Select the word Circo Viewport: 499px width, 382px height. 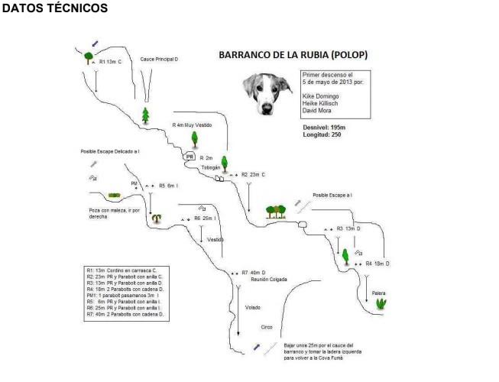tap(267, 325)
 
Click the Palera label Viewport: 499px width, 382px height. tap(377, 293)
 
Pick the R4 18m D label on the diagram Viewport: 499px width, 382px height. tap(377, 263)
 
